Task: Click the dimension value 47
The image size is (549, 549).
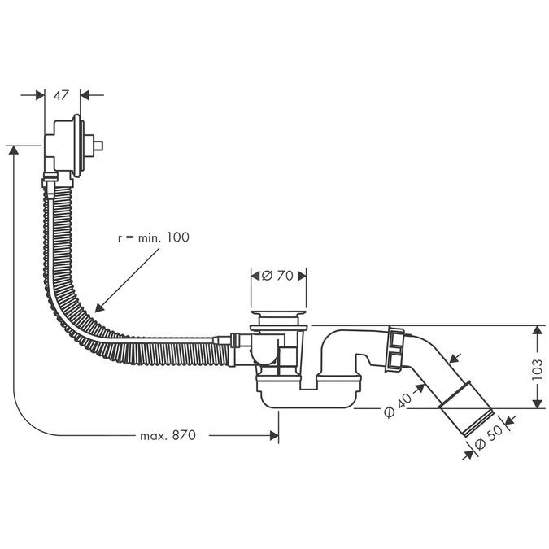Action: point(61,95)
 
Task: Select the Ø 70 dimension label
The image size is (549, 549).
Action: point(278,275)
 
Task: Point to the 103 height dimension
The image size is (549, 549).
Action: point(536,367)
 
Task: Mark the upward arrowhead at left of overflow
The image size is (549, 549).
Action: point(14,152)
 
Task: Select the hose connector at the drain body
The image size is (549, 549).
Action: point(235,342)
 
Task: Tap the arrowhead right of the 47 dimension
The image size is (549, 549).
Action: point(85,95)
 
